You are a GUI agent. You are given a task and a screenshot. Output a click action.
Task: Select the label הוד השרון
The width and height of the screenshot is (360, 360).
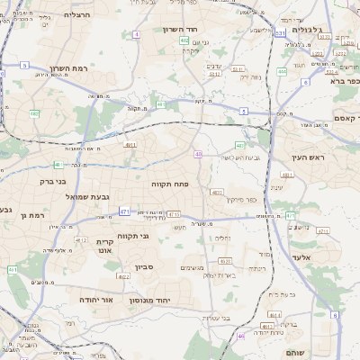[179, 30]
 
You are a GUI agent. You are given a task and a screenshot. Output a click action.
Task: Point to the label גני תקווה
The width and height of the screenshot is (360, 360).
[158, 236]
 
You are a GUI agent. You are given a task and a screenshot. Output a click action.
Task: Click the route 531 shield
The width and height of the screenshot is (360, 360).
[281, 32]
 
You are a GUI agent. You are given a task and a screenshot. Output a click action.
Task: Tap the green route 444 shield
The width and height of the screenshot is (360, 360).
[283, 71]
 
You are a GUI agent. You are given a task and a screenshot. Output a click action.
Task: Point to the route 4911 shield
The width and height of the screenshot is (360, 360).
[131, 144]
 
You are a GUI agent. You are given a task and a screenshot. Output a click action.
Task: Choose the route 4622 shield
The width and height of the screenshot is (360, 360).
[123, 277]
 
